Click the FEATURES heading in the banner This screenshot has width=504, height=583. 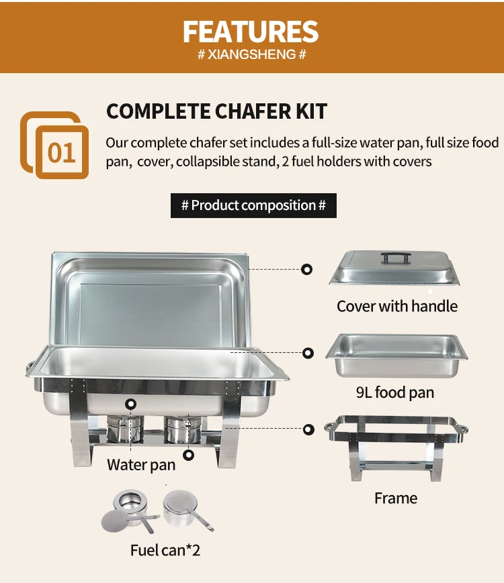251,32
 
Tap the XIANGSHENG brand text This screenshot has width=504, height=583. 251,54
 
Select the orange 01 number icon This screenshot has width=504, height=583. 54,145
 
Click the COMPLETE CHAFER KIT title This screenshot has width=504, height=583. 216,111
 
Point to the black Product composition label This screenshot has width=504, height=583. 253,205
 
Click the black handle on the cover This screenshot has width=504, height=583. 396,258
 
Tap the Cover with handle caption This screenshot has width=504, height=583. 397,306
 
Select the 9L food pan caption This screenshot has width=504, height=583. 395,392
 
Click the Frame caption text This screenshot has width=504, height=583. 396,498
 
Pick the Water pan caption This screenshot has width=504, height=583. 141,465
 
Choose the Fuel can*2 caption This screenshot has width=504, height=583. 165,550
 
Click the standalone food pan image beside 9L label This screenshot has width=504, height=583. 396,356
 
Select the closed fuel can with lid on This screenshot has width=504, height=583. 186,509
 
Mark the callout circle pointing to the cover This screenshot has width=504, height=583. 306,269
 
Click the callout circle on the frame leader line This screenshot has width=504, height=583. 308,429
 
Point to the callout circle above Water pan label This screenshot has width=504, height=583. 130,404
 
